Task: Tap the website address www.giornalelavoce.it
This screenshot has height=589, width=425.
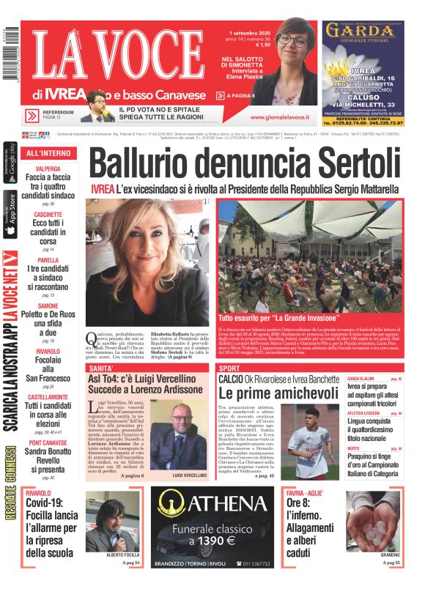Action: [279, 116]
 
